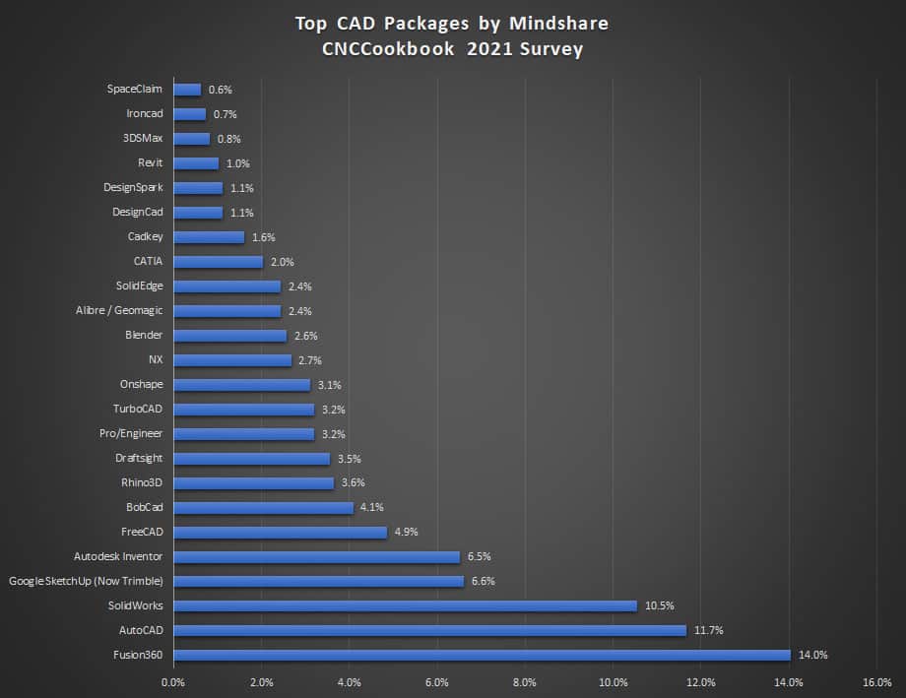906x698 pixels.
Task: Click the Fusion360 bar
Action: (x=482, y=655)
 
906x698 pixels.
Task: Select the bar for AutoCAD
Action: (x=429, y=630)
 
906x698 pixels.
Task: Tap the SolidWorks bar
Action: (x=405, y=605)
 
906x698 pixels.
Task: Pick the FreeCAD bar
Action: (x=280, y=532)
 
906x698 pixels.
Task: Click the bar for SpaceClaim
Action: (x=187, y=90)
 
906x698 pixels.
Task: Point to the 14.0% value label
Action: (x=813, y=655)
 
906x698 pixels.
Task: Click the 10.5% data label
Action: (x=660, y=605)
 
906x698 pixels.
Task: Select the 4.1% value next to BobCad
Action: (x=372, y=508)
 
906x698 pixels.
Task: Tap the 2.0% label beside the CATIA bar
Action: (x=282, y=262)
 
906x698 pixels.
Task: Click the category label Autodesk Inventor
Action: (x=118, y=556)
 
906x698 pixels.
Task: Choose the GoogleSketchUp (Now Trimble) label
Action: (x=86, y=581)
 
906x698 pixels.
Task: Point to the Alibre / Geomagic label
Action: (x=119, y=310)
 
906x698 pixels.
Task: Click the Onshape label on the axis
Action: (x=141, y=384)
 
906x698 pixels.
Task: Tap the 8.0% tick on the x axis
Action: (x=525, y=681)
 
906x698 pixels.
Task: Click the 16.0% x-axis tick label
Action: (x=876, y=681)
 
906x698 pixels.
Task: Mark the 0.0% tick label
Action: (x=173, y=681)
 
